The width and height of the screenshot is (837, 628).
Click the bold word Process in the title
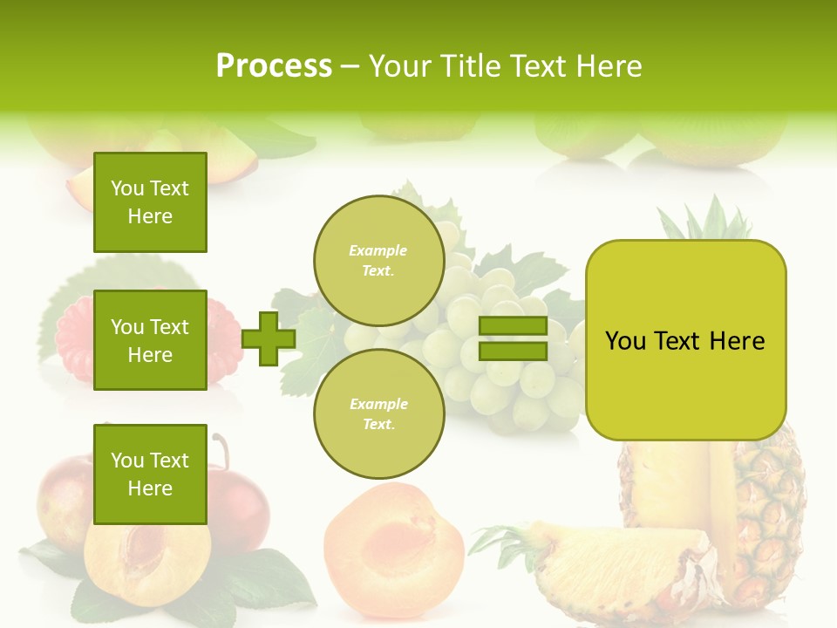click(274, 65)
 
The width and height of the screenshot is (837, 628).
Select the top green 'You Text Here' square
click(150, 202)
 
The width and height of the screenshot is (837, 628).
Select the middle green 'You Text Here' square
click(150, 340)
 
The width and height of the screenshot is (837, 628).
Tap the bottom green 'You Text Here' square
click(150, 474)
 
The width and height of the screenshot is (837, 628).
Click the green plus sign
click(269, 338)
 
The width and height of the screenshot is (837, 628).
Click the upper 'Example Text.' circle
click(378, 260)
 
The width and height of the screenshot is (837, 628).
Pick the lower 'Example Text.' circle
click(378, 413)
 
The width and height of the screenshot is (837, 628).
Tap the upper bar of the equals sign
click(513, 326)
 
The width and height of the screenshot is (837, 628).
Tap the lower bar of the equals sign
click(513, 351)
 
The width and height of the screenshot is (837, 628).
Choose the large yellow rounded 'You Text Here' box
click(685, 340)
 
